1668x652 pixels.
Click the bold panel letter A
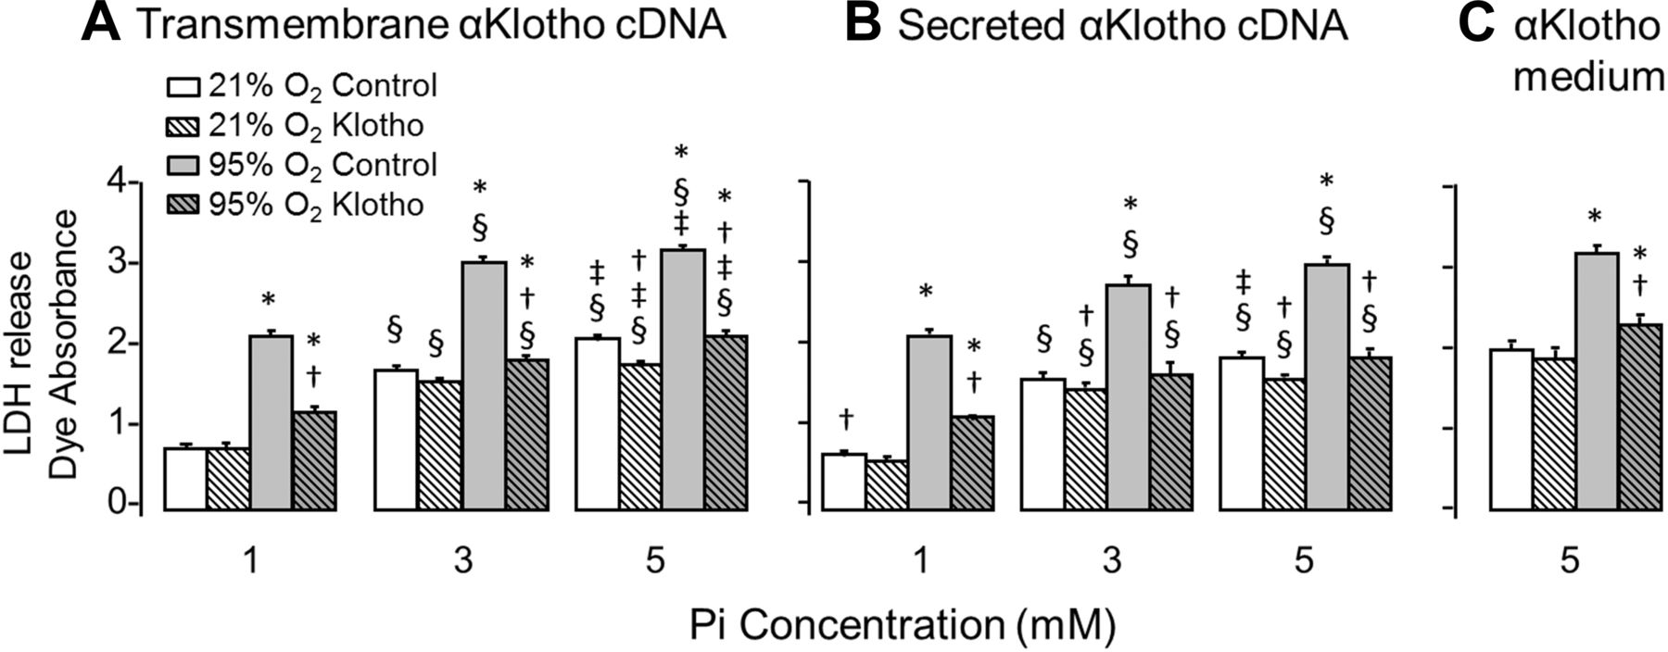tap(100, 24)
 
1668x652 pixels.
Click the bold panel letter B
tap(864, 24)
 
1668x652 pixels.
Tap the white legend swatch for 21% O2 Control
tap(183, 87)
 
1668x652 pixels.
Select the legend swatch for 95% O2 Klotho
tap(183, 204)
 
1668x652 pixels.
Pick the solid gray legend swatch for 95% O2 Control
tap(183, 165)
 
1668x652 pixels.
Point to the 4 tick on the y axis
tap(119, 182)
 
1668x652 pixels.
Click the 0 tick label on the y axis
tap(119, 505)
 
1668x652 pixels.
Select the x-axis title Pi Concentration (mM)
tap(901, 627)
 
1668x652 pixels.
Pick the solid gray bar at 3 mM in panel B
tap(1128, 397)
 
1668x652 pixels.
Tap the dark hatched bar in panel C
tap(1639, 417)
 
